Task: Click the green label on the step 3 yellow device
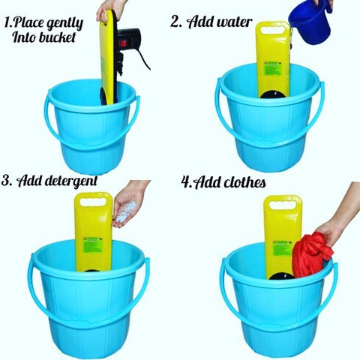pos(92,244)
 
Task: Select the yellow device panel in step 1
pos(109,60)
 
